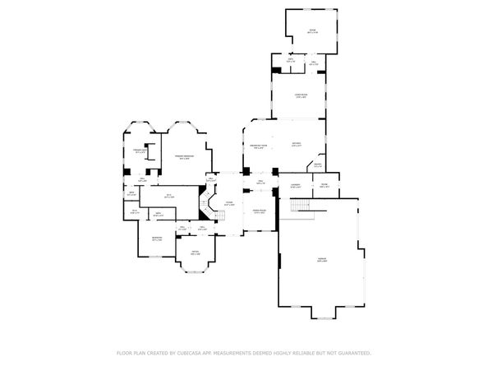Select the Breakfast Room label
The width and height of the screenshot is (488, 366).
tap(258, 147)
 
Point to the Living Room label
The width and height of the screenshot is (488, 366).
tap(301, 96)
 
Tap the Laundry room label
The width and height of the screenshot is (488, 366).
tap(295, 186)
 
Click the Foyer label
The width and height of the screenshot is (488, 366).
tap(230, 203)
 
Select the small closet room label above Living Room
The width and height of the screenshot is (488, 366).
tap(291, 60)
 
